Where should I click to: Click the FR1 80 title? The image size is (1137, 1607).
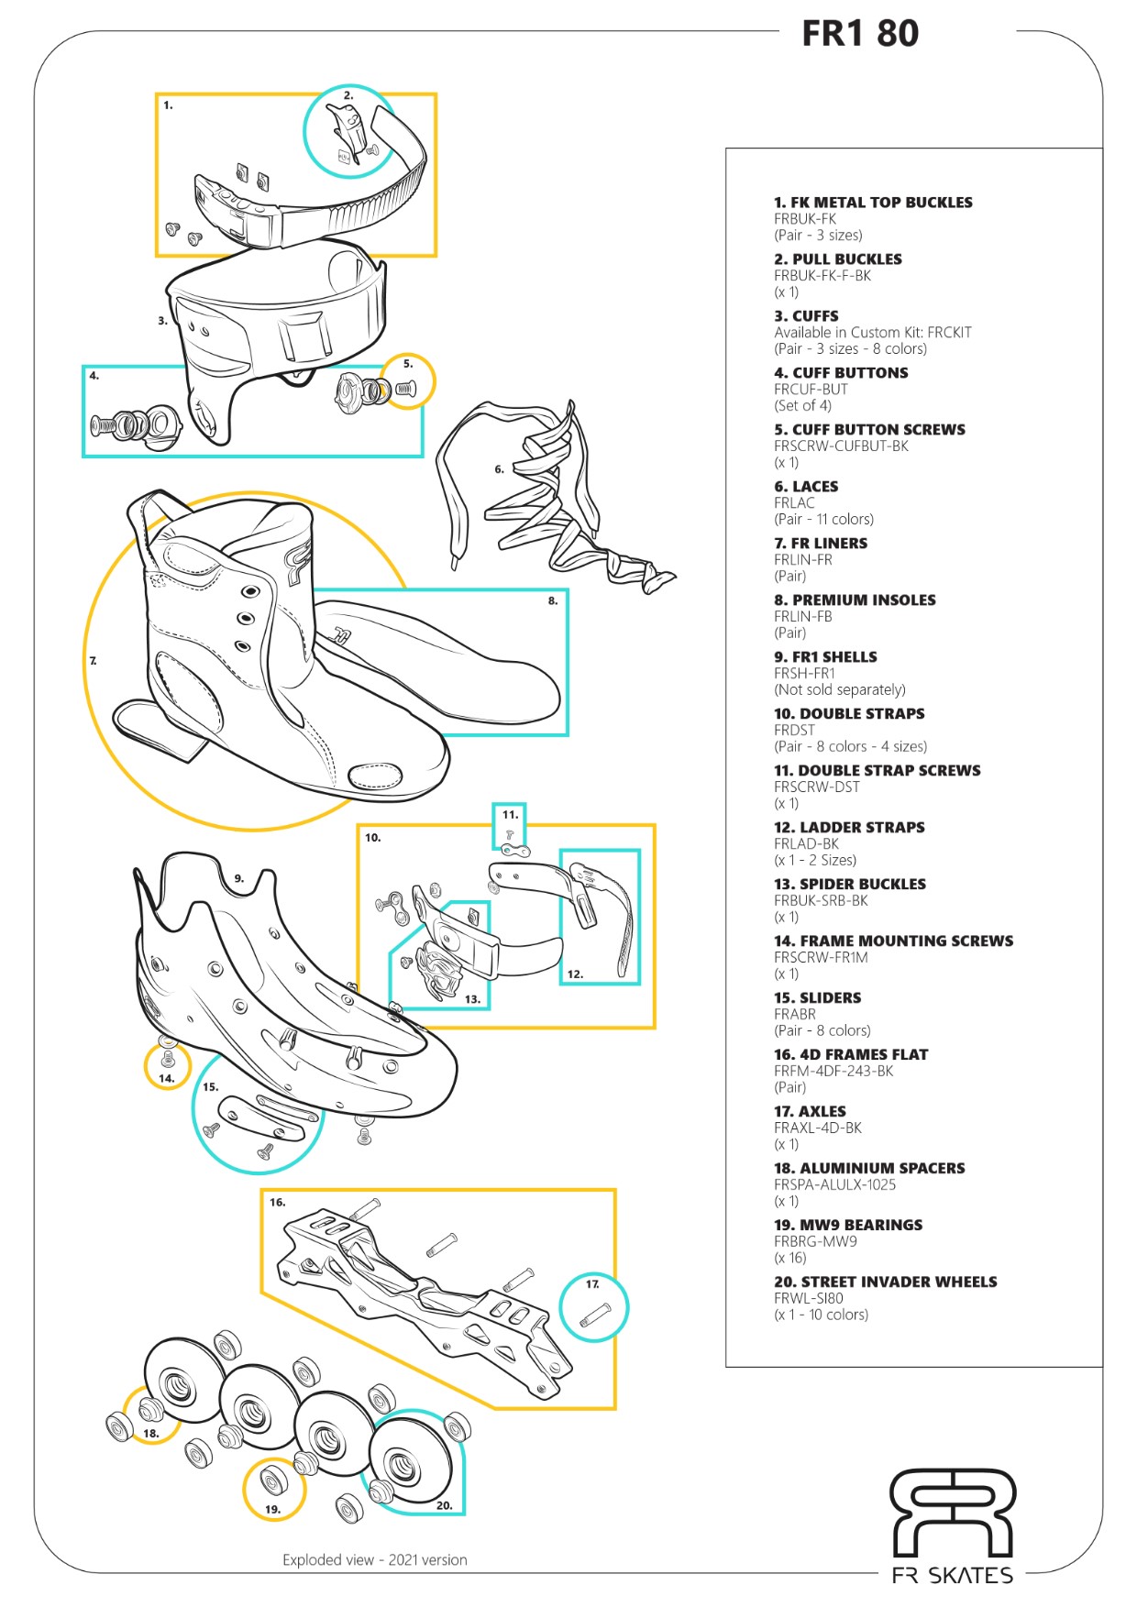pyautogui.click(x=859, y=34)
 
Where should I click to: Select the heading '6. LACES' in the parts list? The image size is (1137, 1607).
pyautogui.click(x=806, y=487)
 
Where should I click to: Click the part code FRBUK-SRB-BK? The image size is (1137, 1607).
pyautogui.click(x=821, y=900)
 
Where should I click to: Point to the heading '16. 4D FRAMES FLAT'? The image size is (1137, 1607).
pyautogui.click(x=851, y=1054)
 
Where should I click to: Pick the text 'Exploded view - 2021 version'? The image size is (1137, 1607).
pyautogui.click(x=374, y=1559)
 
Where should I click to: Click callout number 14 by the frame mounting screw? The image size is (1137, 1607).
pyautogui.click(x=166, y=1078)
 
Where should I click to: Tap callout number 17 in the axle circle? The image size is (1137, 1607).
pyautogui.click(x=592, y=1283)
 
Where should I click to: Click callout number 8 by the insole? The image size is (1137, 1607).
pyautogui.click(x=553, y=600)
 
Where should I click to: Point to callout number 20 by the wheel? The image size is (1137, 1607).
pyautogui.click(x=444, y=1505)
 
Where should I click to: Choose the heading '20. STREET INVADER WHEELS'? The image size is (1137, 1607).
pyautogui.click(x=885, y=1282)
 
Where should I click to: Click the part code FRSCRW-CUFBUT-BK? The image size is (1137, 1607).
pyautogui.click(x=841, y=446)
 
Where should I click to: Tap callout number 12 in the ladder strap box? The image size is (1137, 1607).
pyautogui.click(x=575, y=974)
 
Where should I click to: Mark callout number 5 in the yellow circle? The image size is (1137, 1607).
pyautogui.click(x=408, y=364)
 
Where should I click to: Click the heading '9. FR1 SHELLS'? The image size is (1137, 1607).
pyautogui.click(x=825, y=657)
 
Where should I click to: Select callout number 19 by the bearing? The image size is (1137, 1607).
pyautogui.click(x=272, y=1509)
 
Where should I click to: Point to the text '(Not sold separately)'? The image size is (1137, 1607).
pyautogui.click(x=839, y=689)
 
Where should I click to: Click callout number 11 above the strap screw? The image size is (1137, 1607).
pyautogui.click(x=510, y=814)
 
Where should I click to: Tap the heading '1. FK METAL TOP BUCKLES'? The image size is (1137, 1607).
pyautogui.click(x=873, y=203)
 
